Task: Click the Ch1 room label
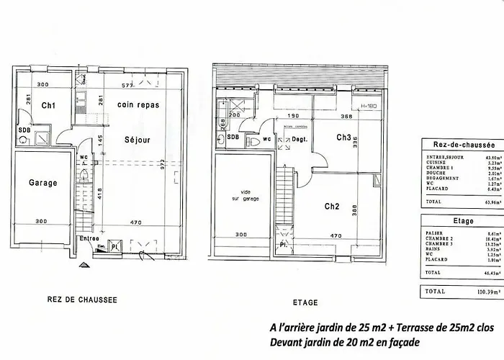tap(49, 106)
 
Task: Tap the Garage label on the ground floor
tap(42, 183)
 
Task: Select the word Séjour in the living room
tap(137, 140)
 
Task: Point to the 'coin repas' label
tap(138, 105)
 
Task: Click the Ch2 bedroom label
tap(331, 207)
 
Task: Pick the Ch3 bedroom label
tap(343, 138)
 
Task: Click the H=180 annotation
tap(369, 106)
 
